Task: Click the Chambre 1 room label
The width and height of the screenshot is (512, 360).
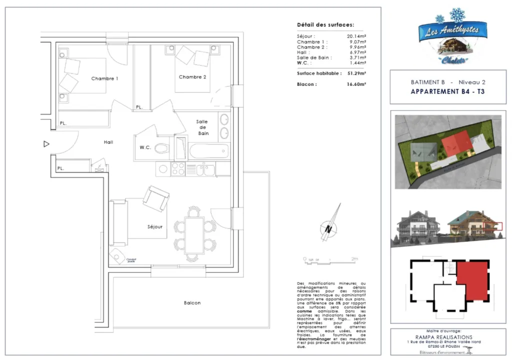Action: (104, 79)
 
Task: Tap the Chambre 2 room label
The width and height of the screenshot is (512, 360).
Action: (192, 77)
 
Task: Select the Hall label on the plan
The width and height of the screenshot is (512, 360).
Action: (108, 142)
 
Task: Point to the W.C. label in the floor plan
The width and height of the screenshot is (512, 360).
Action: (145, 147)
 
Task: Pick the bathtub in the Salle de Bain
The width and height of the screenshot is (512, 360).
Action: (208, 150)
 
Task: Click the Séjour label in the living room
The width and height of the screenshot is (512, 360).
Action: (155, 227)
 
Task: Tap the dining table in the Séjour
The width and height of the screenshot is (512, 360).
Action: (194, 234)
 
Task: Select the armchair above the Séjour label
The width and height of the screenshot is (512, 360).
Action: (155, 198)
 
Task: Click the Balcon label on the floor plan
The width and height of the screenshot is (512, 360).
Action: (192, 303)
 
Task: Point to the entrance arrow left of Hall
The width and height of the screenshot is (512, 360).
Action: (46, 144)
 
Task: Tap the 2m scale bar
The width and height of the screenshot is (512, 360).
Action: (330, 259)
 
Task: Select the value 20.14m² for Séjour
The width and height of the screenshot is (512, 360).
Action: (356, 36)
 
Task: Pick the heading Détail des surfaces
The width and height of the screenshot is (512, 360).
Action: (325, 24)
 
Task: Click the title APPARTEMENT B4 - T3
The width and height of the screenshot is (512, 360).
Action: (447, 91)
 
